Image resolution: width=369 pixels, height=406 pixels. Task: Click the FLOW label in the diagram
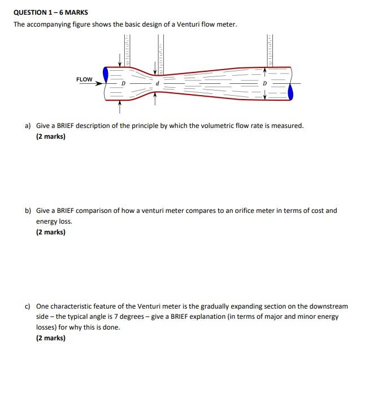click(84, 79)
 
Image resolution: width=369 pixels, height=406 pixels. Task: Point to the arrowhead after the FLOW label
click(100, 83)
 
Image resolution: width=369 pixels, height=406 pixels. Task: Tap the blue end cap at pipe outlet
click(290, 92)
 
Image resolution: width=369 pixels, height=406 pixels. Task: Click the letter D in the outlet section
click(263, 83)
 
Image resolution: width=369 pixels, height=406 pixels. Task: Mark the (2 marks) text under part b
click(51, 232)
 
